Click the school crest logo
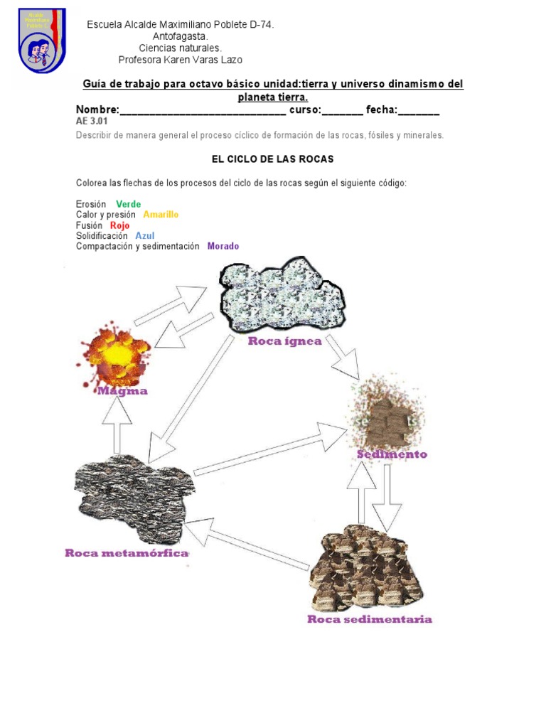tap(43, 41)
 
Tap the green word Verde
tap(129, 204)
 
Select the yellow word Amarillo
tap(161, 215)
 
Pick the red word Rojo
tap(119, 225)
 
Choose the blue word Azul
tap(144, 236)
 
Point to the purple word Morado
tap(223, 247)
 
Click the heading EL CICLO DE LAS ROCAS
tap(272, 159)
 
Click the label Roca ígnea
tap(284, 341)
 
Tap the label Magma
tap(122, 391)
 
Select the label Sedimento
tap(392, 454)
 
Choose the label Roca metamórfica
tap(127, 553)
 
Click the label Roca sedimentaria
tap(369, 619)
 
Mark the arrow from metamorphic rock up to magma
tap(117, 424)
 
